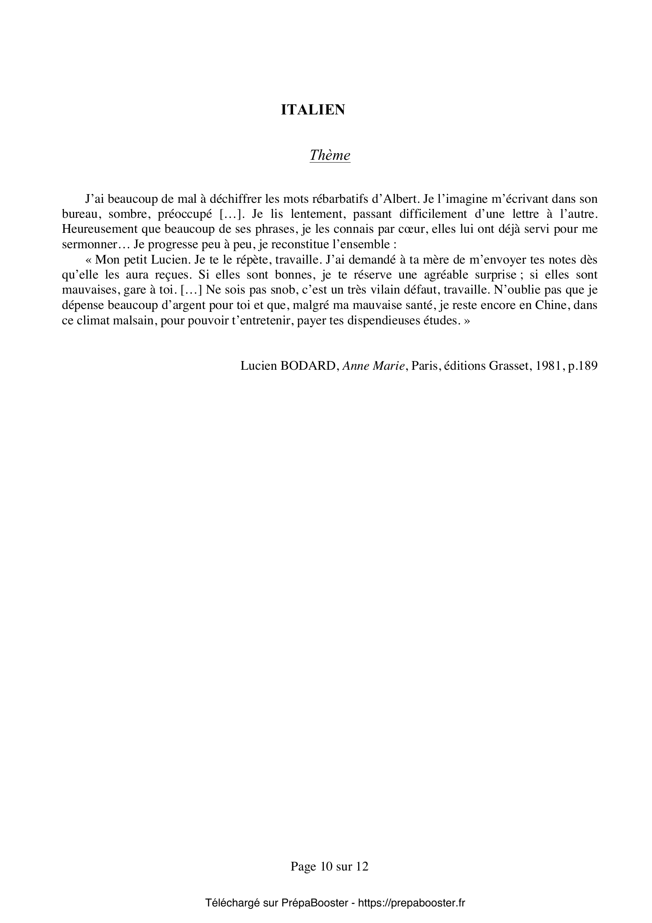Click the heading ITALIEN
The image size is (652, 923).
click(312, 110)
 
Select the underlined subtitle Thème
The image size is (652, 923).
click(330, 155)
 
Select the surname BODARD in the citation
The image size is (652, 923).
click(308, 366)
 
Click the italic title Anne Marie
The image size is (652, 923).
click(373, 366)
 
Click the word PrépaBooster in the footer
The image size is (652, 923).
click(314, 903)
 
